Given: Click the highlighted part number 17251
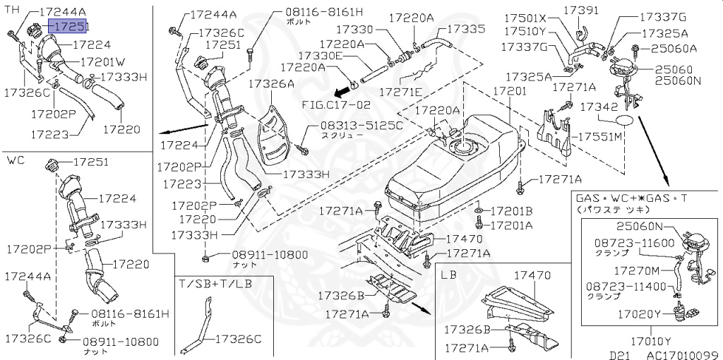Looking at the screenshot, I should click(69, 27).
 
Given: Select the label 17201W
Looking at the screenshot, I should click(102, 61).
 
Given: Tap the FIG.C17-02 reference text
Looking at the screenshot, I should click(335, 104).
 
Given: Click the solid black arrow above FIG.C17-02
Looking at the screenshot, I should click(343, 91).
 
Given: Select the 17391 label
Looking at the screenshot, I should click(580, 11).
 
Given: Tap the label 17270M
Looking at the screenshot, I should click(637, 270).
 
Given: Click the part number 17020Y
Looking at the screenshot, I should click(637, 313).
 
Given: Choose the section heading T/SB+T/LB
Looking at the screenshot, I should click(215, 283).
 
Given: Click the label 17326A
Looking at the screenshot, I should click(270, 83).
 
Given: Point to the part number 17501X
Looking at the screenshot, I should click(527, 18).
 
